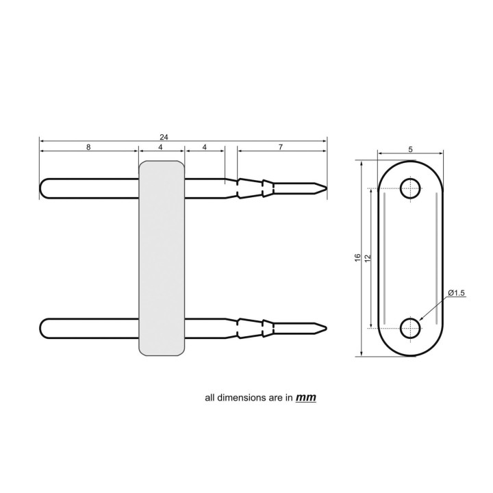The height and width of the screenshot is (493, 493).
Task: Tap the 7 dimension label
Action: click(281, 147)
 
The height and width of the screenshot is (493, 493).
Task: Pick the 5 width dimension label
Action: click(409, 149)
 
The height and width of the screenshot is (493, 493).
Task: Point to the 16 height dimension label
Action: click(357, 257)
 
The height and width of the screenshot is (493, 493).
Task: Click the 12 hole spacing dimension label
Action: click(368, 257)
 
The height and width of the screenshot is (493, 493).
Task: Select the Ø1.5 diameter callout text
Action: click(457, 293)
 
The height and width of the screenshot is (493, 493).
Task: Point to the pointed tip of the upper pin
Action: click(325, 188)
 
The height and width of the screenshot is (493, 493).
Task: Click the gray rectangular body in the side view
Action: click(162, 258)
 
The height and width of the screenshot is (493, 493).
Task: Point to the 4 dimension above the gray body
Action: click(161, 147)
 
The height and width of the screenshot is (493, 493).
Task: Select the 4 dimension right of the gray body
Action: click(205, 147)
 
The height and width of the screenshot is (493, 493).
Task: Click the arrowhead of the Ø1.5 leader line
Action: click(419, 320)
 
